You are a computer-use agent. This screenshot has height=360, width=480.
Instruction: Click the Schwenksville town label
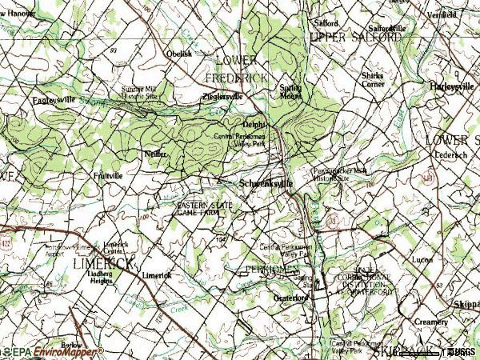266,183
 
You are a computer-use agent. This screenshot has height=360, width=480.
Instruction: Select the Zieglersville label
222,97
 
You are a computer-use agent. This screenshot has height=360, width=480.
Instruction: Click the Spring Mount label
290,91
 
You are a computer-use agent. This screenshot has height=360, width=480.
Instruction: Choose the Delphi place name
254,125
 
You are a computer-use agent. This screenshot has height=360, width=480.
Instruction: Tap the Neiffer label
155,153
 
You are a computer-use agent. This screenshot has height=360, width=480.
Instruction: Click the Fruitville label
108,174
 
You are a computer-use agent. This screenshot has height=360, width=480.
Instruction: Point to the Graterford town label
291,298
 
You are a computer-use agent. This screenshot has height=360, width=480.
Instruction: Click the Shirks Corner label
372,79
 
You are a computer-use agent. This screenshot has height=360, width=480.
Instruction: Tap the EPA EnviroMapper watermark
53,351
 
